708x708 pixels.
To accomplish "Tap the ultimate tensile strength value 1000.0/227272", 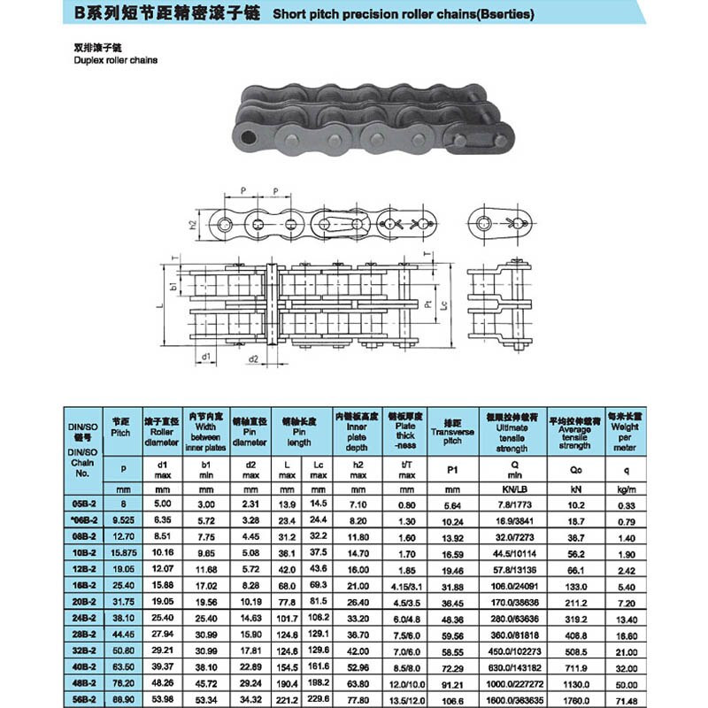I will [x=513, y=681].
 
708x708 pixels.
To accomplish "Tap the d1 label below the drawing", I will [x=206, y=357].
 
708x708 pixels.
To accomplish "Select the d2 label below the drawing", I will [x=252, y=359].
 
